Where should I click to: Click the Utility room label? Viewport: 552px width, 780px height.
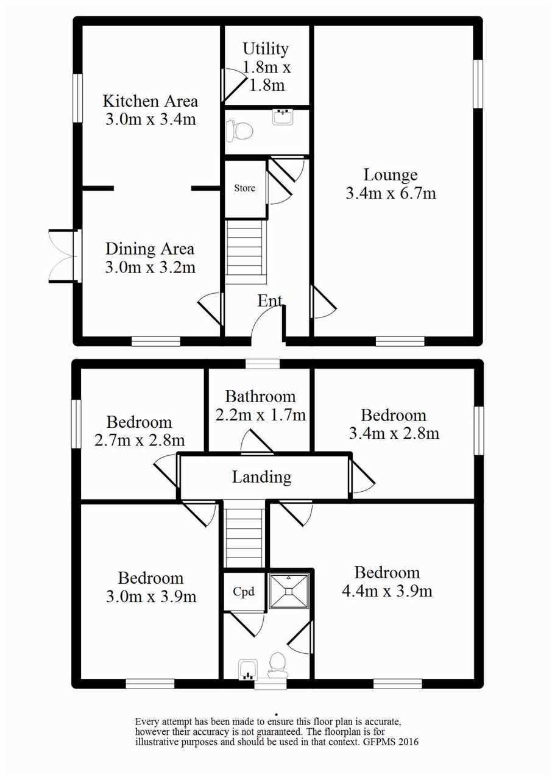[266, 49]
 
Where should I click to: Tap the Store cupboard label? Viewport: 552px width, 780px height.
[244, 188]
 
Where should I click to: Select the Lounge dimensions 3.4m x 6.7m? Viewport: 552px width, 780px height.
[391, 193]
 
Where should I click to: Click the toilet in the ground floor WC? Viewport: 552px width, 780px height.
[239, 130]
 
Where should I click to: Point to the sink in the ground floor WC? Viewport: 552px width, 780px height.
[283, 116]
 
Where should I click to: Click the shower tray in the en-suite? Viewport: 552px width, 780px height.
[289, 591]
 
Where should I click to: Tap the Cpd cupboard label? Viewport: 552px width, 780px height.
[244, 592]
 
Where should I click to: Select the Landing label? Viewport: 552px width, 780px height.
[262, 477]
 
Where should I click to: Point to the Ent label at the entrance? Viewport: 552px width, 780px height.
[270, 300]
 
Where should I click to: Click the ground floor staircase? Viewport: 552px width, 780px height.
[245, 252]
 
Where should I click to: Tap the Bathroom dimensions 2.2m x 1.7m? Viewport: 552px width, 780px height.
[260, 415]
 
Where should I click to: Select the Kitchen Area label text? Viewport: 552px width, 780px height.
[150, 101]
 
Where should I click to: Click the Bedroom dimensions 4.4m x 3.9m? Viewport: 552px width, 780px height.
[387, 591]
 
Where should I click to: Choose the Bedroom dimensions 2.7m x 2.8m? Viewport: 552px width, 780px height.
[139, 441]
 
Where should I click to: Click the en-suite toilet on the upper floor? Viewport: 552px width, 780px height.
[277, 665]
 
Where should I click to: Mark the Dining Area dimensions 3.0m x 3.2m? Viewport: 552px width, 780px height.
[150, 268]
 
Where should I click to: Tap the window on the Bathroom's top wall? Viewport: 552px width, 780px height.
[263, 364]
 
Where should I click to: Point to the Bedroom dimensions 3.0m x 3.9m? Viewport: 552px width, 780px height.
[151, 597]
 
